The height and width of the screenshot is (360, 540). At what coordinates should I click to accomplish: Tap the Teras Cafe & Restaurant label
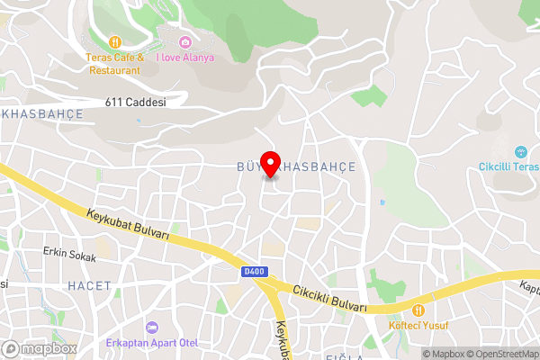[113, 63]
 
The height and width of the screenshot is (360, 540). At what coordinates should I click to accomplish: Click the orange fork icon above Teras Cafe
[114, 42]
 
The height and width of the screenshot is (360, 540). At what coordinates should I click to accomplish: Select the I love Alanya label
[185, 58]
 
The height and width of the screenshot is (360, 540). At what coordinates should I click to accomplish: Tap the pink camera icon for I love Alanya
[185, 42]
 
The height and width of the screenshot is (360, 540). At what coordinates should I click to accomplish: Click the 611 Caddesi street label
[135, 103]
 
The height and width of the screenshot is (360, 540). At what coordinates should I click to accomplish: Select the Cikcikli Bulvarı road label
[330, 298]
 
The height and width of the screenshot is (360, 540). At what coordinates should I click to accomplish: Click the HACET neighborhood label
[89, 285]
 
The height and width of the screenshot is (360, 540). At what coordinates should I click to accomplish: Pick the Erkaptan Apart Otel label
[151, 343]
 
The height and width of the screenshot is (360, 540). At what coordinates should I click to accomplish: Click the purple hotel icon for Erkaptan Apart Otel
[151, 327]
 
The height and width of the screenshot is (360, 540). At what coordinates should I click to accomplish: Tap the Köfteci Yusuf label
[418, 326]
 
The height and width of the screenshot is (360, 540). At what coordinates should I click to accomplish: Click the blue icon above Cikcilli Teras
[520, 151]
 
